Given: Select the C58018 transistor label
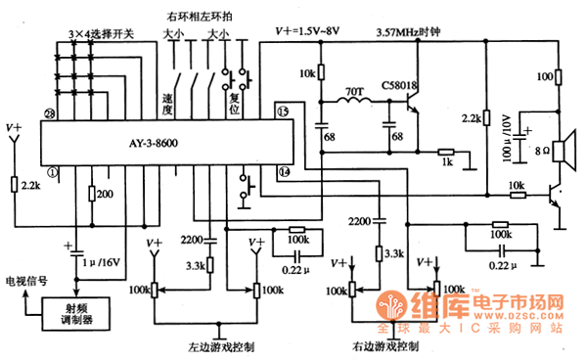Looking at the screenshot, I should tap(400, 86).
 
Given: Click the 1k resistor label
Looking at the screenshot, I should tap(446, 162).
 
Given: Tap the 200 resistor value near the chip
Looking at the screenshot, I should tap(105, 195).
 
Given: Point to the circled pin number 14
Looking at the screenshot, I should tap(285, 171).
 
